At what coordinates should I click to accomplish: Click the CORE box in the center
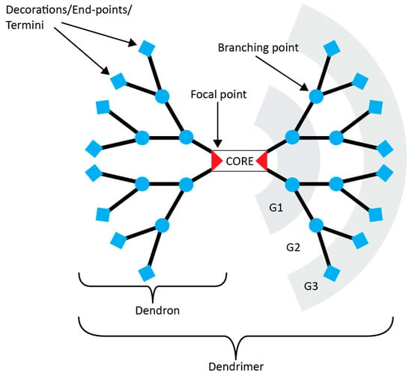pos(239,160)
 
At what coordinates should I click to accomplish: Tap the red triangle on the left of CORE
pos(216,160)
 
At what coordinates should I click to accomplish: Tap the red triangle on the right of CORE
pos(261,160)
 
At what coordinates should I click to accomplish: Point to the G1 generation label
pos(275,207)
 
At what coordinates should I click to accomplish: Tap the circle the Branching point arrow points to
pos(316,96)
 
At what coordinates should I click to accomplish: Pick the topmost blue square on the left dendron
pos(146,47)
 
